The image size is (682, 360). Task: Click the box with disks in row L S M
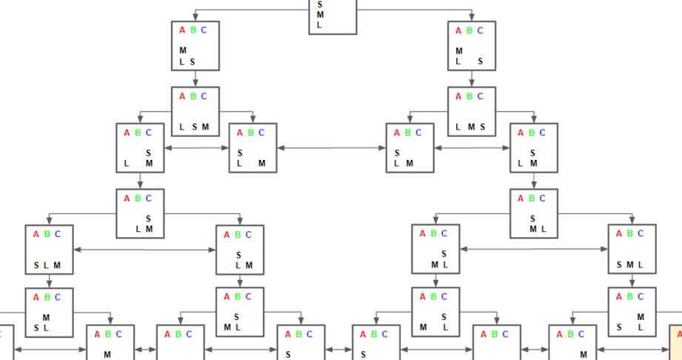pyautogui.click(x=195, y=111)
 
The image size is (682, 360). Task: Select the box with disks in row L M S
pyautogui.click(x=472, y=111)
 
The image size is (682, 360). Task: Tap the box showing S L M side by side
pyautogui.click(x=49, y=250)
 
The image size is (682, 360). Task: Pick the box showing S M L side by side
pyautogui.click(x=632, y=250)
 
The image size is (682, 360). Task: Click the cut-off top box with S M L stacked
pyautogui.click(x=332, y=16)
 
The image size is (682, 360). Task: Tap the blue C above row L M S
pyautogui.click(x=480, y=96)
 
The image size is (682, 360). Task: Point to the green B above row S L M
pyautogui.click(x=47, y=234)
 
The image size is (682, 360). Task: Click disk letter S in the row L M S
pyautogui.click(x=483, y=127)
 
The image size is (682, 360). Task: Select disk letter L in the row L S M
pyautogui.click(x=182, y=127)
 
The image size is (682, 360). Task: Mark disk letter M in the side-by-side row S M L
pyautogui.click(x=630, y=265)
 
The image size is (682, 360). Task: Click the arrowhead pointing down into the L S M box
pyautogui.click(x=195, y=84)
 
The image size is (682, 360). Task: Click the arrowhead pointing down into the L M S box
pyautogui.click(x=472, y=84)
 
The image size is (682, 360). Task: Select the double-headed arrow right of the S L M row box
pyautogui.click(x=144, y=250)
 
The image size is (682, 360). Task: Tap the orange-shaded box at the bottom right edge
pyautogui.click(x=676, y=342)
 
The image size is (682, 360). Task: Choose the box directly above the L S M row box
pyautogui.click(x=195, y=46)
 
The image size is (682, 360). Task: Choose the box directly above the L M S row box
pyautogui.click(x=472, y=46)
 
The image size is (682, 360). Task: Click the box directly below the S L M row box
pyautogui.click(x=49, y=312)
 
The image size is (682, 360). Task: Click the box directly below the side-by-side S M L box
pyautogui.click(x=632, y=312)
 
